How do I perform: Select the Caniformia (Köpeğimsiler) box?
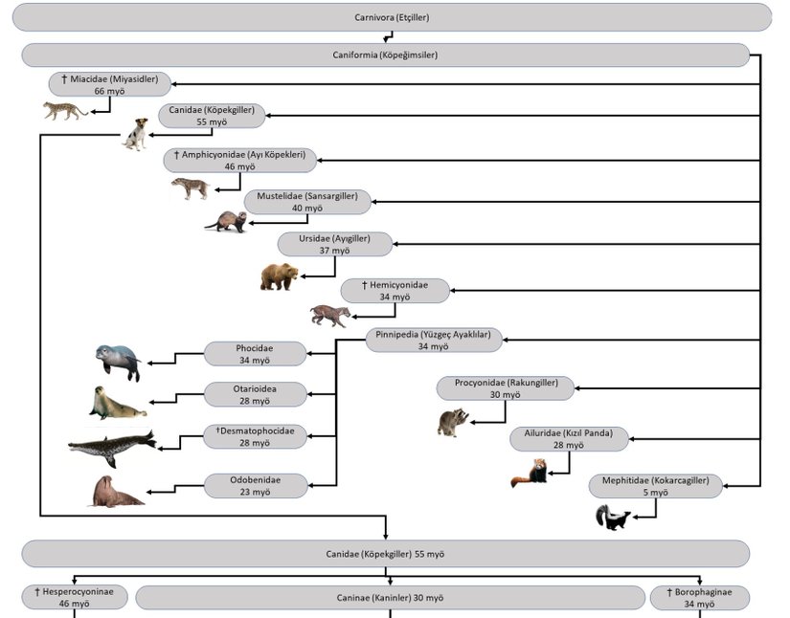point(385,55)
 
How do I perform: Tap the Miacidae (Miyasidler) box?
point(110,84)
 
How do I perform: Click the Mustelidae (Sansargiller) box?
point(306,202)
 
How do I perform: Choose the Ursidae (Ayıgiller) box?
point(335,244)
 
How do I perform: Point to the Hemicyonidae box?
point(395,291)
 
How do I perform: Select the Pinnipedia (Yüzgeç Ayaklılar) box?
point(434,340)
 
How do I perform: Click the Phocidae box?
point(256,354)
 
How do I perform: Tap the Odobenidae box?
point(256,486)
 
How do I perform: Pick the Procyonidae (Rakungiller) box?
point(506,387)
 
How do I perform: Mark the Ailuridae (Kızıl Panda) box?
point(569,438)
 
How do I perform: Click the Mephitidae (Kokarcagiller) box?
point(656,486)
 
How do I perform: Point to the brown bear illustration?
point(279,276)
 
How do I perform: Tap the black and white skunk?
point(612,518)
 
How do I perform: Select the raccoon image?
point(453,422)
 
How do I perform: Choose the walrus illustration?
point(116,492)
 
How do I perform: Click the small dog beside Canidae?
point(136,134)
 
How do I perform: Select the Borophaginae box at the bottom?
point(700,598)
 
